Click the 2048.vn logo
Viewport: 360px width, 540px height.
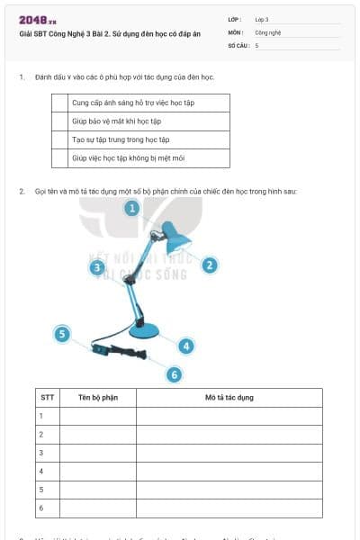(x=38, y=20)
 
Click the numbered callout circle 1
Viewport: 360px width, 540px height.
(x=131, y=208)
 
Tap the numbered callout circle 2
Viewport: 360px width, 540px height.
(x=209, y=265)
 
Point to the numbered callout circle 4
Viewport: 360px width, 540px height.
(x=185, y=346)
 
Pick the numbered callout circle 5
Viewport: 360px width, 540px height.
(x=62, y=334)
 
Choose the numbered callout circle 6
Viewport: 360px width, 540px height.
(x=174, y=374)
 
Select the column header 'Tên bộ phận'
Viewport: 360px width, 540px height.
(x=98, y=397)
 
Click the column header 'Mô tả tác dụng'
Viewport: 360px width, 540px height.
(x=229, y=397)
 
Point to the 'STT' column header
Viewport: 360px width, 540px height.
(x=47, y=397)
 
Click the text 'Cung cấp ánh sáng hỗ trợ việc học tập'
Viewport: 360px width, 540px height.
(x=133, y=103)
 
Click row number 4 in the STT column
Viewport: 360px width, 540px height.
(x=41, y=471)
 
